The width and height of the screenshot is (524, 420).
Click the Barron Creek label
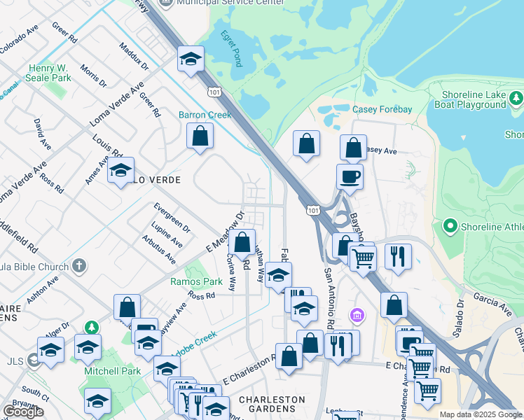click(x=205, y=114)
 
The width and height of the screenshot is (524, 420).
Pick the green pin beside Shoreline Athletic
click(x=449, y=226)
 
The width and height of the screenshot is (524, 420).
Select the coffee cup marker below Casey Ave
click(x=350, y=176)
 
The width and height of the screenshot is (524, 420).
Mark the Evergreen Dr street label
click(x=172, y=217)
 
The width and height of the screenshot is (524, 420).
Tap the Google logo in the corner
click(x=23, y=412)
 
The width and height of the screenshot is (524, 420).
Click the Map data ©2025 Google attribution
click(x=481, y=414)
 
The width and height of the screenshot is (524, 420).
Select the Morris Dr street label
click(x=93, y=76)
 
